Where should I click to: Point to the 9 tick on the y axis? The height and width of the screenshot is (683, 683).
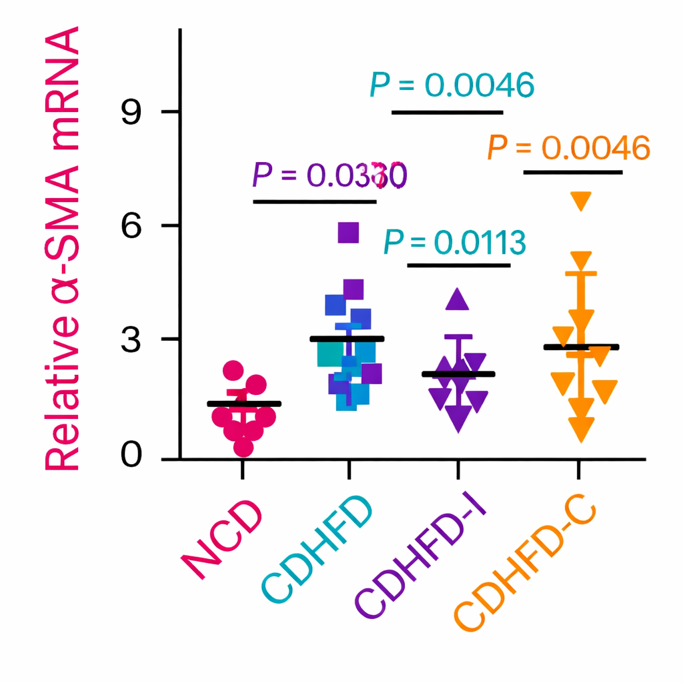coord(133,113)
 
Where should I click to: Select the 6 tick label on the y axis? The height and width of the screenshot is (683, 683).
coord(133,226)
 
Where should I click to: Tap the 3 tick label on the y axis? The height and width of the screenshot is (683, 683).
coord(133,339)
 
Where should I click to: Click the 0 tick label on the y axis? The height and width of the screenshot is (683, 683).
coord(133,458)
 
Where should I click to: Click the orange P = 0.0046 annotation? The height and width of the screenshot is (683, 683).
coord(568,147)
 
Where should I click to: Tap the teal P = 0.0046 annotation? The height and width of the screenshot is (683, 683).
coord(452,85)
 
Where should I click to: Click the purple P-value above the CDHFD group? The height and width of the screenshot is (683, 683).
coord(329,175)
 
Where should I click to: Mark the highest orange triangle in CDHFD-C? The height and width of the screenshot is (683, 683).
coord(580,200)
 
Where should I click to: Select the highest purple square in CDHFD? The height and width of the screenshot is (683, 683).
coord(348,232)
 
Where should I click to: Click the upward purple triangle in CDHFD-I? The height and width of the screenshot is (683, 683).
coord(458,299)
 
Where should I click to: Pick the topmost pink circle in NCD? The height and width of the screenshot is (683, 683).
coord(233,371)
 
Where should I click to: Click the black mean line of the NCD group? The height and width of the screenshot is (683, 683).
coord(244,404)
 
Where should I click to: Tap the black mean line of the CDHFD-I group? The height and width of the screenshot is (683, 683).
coord(458,374)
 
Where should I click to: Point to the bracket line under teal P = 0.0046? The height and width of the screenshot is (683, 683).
coord(447,112)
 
